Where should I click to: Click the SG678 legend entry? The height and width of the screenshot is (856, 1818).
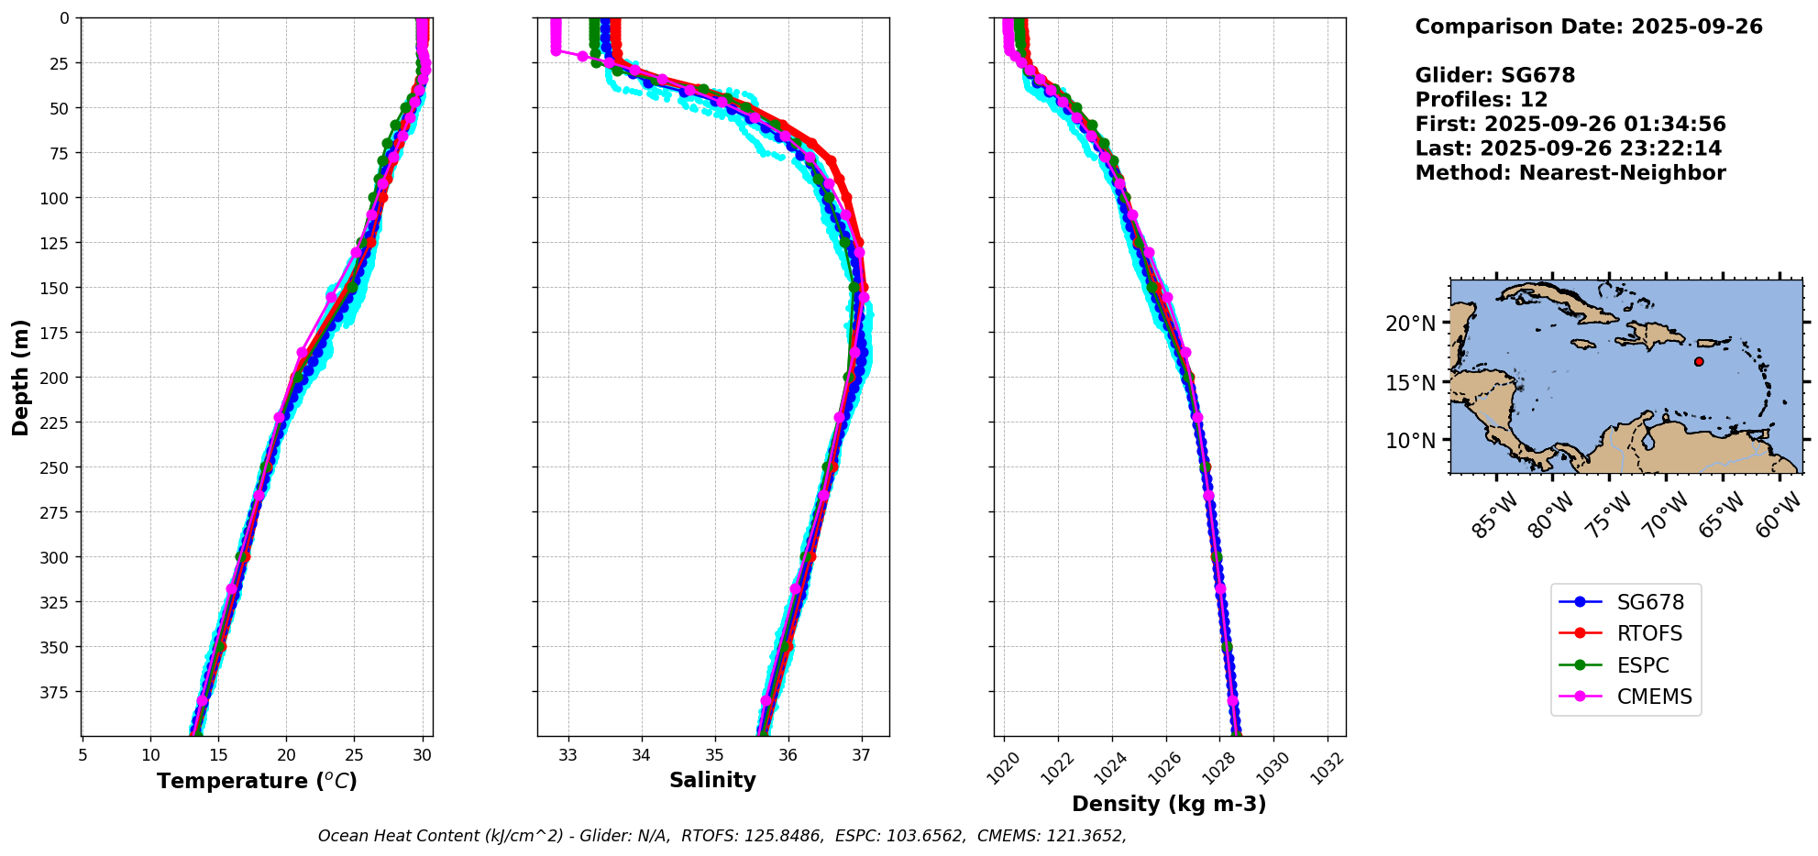pyautogui.click(x=1649, y=602)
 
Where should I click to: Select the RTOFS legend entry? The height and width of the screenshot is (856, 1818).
pyautogui.click(x=1649, y=633)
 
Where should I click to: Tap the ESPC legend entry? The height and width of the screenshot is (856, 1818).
pyautogui.click(x=1643, y=665)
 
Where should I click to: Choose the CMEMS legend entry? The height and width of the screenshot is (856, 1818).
pyautogui.click(x=1654, y=697)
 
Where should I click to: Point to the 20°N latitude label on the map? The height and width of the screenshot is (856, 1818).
pyautogui.click(x=1410, y=324)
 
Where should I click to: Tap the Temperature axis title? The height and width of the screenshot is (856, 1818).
pyautogui.click(x=257, y=781)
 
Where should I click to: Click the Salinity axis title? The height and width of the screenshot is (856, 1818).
pyautogui.click(x=712, y=780)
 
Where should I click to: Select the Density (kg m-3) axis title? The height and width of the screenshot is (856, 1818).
pyautogui.click(x=1169, y=804)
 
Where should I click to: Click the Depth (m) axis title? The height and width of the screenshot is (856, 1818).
pyautogui.click(x=20, y=377)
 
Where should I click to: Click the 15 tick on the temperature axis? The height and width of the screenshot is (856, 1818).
pyautogui.click(x=218, y=755)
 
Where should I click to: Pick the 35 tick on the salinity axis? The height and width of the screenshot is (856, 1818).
pyautogui.click(x=714, y=755)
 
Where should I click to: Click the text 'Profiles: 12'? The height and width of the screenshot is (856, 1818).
pyautogui.click(x=1481, y=100)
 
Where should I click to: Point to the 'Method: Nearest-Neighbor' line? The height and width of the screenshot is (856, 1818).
pyautogui.click(x=1570, y=173)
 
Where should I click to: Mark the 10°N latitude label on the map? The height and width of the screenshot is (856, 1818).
pyautogui.click(x=1410, y=441)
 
